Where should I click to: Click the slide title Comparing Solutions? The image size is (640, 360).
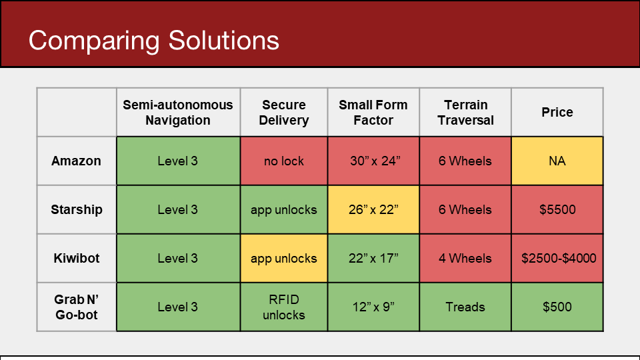click(153, 41)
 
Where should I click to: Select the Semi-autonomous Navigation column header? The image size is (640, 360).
click(178, 112)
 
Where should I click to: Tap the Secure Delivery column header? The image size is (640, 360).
click(284, 112)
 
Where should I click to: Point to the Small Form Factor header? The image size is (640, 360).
click(373, 112)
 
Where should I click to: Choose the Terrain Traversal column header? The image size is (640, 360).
click(465, 112)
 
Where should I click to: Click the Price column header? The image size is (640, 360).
click(557, 112)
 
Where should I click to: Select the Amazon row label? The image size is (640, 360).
click(76, 161)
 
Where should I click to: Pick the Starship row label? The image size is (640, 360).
click(76, 209)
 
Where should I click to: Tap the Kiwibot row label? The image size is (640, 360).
click(76, 258)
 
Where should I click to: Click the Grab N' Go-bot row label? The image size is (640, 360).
click(76, 307)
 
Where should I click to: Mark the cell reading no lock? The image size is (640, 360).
click(284, 161)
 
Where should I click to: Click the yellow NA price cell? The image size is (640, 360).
click(557, 161)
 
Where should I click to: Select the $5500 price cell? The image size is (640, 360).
click(557, 209)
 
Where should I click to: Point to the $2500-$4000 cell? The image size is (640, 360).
click(557, 258)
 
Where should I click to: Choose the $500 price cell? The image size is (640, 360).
click(557, 307)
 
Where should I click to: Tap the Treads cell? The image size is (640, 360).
click(465, 307)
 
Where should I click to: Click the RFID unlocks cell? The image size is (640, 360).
click(284, 307)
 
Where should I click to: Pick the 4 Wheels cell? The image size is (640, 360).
click(465, 258)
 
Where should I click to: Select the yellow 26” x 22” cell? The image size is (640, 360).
click(373, 209)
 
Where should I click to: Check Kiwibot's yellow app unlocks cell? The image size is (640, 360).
click(284, 258)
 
